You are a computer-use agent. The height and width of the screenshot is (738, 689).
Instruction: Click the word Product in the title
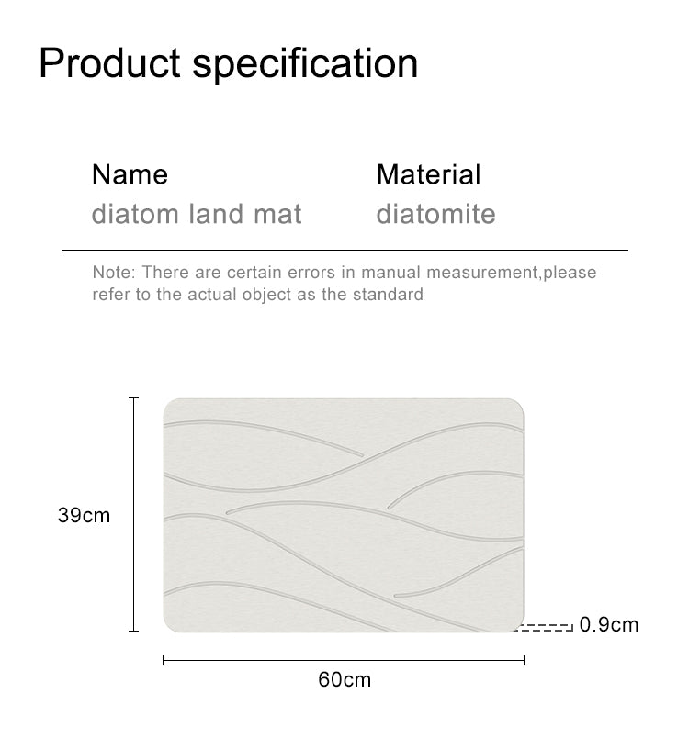pyautogui.click(x=109, y=62)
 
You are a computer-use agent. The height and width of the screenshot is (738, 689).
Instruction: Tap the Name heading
pyautogui.click(x=130, y=174)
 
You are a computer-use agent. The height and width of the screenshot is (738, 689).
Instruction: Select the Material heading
pyautogui.click(x=429, y=174)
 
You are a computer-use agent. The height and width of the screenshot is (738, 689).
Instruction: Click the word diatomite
pyautogui.click(x=435, y=214)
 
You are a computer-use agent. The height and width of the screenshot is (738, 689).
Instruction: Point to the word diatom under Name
pyautogui.click(x=135, y=214)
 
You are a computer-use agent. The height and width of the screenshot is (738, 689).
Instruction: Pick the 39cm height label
pyautogui.click(x=84, y=515)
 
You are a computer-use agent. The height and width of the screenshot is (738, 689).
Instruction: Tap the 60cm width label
pyautogui.click(x=344, y=679)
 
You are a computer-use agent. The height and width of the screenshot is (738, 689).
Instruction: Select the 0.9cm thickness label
pyautogui.click(x=608, y=624)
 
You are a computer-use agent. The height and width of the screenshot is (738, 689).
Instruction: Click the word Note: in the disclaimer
pyautogui.click(x=114, y=273)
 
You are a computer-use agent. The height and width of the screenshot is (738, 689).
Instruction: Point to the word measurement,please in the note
pyautogui.click(x=512, y=273)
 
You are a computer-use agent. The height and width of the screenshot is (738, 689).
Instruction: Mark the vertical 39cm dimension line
pyautogui.click(x=134, y=514)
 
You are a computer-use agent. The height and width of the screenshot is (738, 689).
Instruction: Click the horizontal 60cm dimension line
pyautogui.click(x=344, y=660)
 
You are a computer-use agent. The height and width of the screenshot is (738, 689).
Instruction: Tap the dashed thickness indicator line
pyautogui.click(x=544, y=627)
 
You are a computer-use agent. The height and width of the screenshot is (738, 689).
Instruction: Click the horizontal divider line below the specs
pyautogui.click(x=344, y=250)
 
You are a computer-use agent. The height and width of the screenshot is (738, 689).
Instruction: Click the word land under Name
pyautogui.click(x=216, y=214)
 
